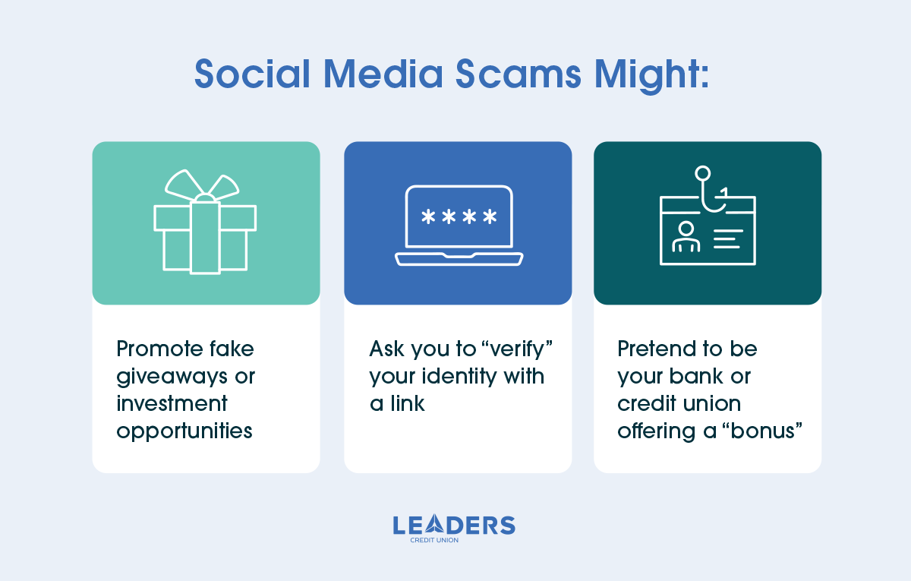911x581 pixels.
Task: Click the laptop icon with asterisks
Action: pyautogui.click(x=459, y=226)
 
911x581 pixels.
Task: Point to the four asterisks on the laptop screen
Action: pyautogui.click(x=459, y=218)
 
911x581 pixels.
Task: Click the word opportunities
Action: pyautogui.click(x=184, y=431)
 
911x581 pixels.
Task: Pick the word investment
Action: pyautogui.click(x=172, y=403)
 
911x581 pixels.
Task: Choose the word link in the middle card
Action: pyautogui.click(x=407, y=403)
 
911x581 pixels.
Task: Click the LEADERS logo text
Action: pyautogui.click(x=454, y=525)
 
